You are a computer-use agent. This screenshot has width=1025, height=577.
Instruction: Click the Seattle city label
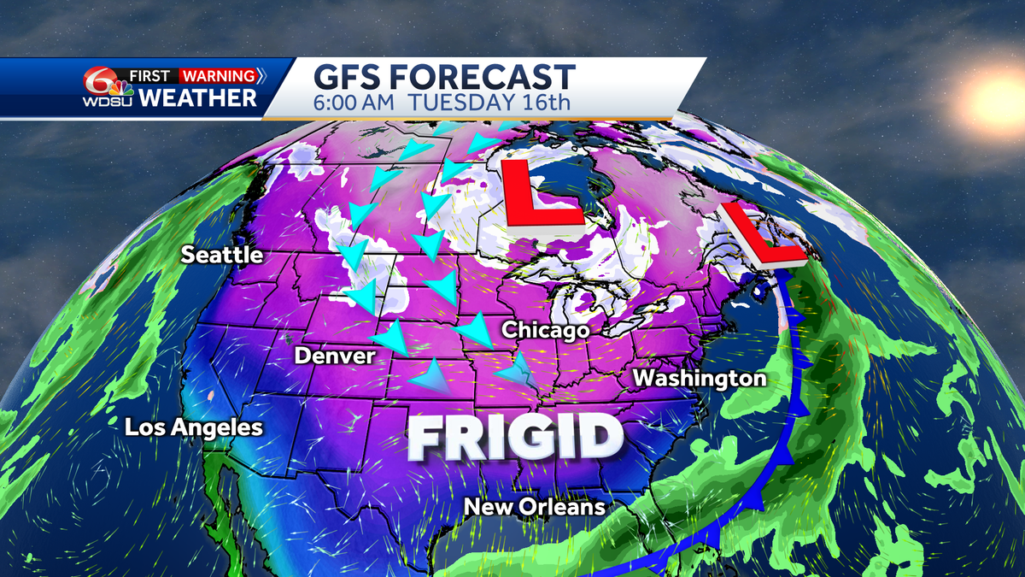(x=221, y=256)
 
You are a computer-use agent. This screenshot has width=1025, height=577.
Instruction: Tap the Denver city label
(x=335, y=355)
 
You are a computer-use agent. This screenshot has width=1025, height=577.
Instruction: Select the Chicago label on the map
(x=546, y=329)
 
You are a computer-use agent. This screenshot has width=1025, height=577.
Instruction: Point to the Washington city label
(x=700, y=377)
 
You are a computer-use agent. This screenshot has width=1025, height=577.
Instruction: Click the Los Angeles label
(x=194, y=427)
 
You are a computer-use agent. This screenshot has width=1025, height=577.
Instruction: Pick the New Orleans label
(x=534, y=507)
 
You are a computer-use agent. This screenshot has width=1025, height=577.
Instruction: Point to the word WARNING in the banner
(x=218, y=75)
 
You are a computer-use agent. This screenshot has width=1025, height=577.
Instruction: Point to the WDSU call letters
(x=104, y=103)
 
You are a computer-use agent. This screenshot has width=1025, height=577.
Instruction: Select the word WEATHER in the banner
(x=197, y=97)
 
